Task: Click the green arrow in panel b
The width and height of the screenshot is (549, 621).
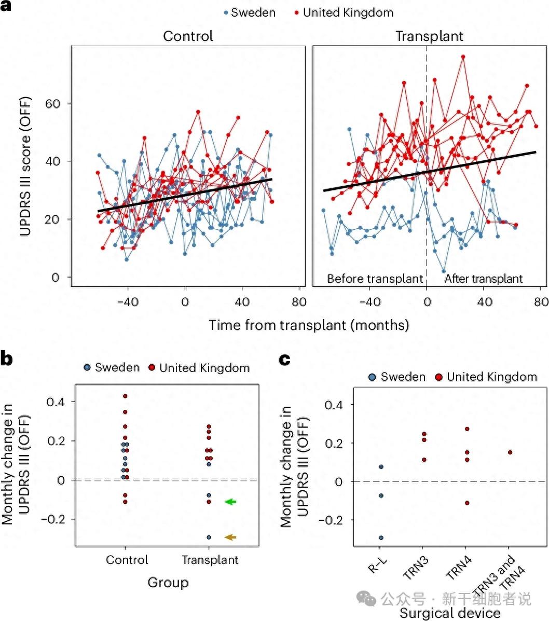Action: click(x=230, y=502)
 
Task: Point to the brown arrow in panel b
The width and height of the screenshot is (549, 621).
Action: click(x=230, y=537)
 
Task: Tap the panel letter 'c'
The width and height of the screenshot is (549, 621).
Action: click(x=284, y=360)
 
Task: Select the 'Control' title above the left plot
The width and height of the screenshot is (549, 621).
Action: click(x=188, y=36)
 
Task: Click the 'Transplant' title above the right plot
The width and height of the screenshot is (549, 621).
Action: click(x=429, y=36)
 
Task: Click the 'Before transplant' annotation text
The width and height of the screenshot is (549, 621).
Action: click(x=375, y=279)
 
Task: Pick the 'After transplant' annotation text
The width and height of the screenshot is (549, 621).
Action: click(x=483, y=279)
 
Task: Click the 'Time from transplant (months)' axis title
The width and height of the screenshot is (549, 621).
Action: click(x=309, y=325)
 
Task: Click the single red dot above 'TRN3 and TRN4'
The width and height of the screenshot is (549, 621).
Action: click(x=510, y=452)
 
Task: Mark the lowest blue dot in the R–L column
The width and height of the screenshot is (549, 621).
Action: click(x=381, y=537)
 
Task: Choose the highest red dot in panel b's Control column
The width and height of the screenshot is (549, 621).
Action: click(x=125, y=396)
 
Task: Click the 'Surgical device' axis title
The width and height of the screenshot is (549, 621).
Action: click(x=449, y=613)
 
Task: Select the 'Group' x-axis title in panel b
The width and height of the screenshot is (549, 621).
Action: click(x=168, y=583)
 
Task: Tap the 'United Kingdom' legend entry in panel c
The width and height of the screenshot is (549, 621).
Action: click(x=491, y=377)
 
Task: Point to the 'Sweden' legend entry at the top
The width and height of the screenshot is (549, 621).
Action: click(x=253, y=12)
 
